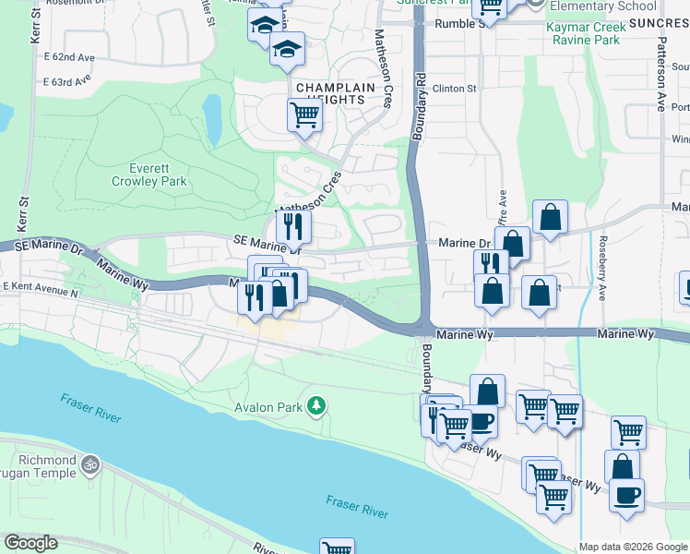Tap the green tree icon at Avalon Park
pyautogui.click(x=316, y=405)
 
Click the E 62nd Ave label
pyautogui.click(x=68, y=57)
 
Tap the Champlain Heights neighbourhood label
pyautogui.click(x=335, y=93)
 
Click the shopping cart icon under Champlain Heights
pyautogui.click(x=304, y=116)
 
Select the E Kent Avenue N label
pyautogui.click(x=41, y=293)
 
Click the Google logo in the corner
pyautogui.click(x=31, y=543)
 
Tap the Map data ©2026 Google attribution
pyautogui.click(x=631, y=547)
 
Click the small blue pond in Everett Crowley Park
pyautogui.click(x=213, y=120)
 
